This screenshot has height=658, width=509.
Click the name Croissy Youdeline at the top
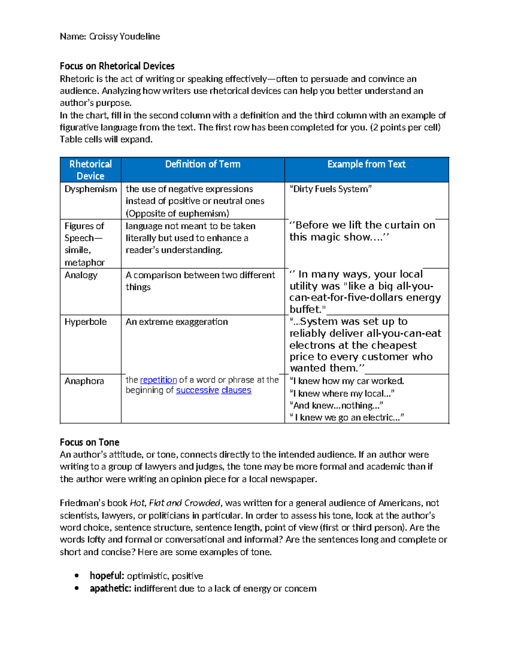(124, 36)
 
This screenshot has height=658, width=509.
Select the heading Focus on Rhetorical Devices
(117, 66)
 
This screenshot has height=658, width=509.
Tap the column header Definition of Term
(202, 164)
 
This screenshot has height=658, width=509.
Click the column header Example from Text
(366, 164)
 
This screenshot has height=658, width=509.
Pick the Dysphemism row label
(90, 189)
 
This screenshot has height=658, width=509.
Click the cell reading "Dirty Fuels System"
(330, 189)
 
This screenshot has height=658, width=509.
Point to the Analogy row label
(81, 275)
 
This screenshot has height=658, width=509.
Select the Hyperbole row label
(86, 322)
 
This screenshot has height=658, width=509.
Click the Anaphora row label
(84, 381)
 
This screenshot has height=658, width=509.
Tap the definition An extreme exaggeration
(176, 322)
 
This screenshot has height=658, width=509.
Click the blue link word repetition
(158, 380)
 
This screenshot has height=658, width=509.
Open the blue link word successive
(197, 390)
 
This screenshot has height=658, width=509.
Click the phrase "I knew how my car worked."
(347, 381)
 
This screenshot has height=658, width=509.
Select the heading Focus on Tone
(89, 442)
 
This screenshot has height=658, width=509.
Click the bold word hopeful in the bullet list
(106, 576)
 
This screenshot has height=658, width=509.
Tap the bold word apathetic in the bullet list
(110, 589)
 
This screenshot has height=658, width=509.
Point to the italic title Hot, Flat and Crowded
(175, 503)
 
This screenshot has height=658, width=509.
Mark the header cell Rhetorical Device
(90, 170)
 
